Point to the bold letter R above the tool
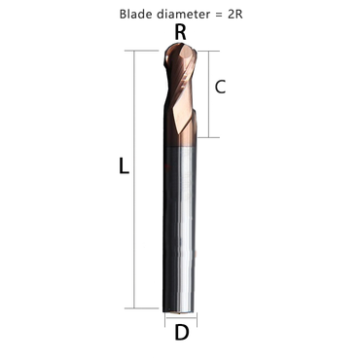(x=179, y=33)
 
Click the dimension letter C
(x=221, y=88)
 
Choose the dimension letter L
(x=123, y=166)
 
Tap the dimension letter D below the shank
(x=181, y=333)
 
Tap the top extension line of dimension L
(x=146, y=49)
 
